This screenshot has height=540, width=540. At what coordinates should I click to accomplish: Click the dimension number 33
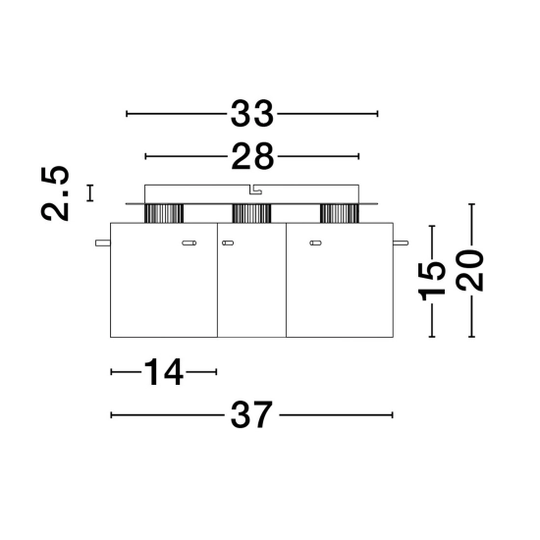coord(251,114)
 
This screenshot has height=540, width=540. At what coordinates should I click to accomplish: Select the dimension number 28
coord(252,157)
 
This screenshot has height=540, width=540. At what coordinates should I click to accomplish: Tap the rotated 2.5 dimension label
coord(55,193)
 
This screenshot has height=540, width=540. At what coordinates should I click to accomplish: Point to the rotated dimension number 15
coord(432,281)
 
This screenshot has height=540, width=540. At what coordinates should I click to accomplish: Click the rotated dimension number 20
coord(469,270)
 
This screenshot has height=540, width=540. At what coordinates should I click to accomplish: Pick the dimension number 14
coord(163,372)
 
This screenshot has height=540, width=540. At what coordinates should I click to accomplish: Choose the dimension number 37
coord(251,415)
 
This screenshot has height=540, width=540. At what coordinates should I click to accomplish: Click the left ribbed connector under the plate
coord(164,213)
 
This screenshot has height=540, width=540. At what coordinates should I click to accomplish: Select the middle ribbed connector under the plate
coord(251,213)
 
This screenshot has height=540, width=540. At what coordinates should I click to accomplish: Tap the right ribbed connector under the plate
coord(340,213)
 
